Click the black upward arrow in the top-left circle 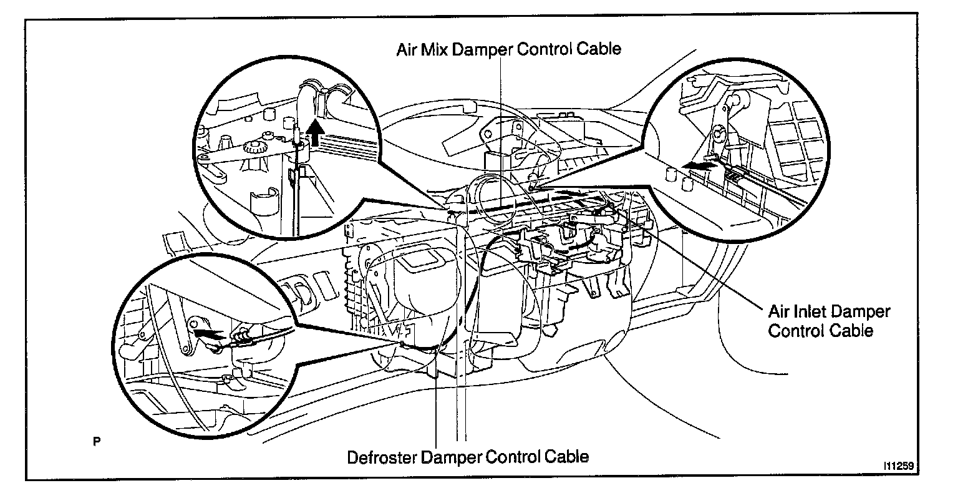click(317, 132)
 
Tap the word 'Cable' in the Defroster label click(564, 456)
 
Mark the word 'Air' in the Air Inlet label click(780, 311)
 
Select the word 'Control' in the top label click(541, 49)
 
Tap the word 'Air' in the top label click(407, 49)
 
